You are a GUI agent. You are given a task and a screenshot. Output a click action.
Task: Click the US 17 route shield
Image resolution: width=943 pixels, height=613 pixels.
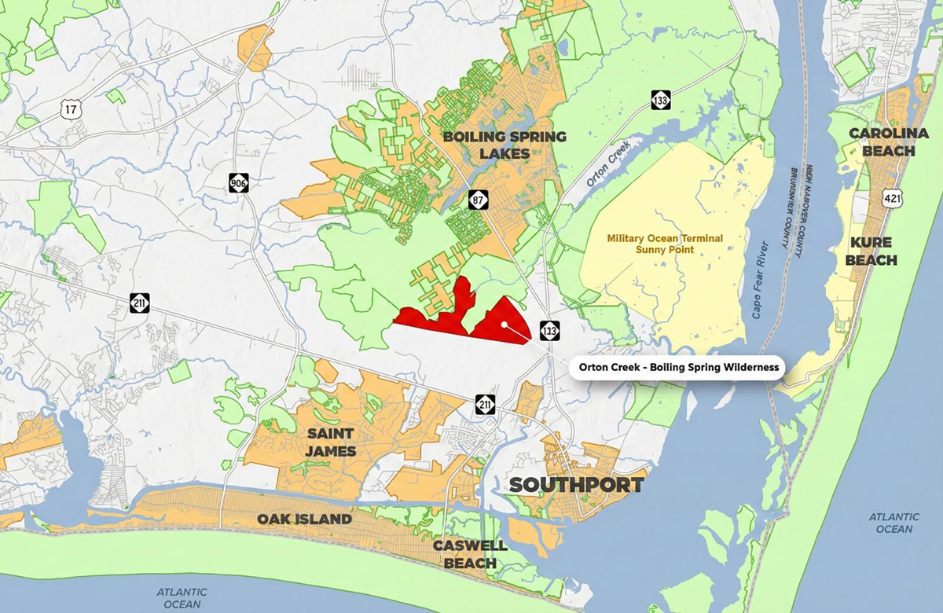tap(72, 108)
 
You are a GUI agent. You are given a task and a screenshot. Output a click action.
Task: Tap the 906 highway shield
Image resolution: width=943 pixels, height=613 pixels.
tap(239, 183)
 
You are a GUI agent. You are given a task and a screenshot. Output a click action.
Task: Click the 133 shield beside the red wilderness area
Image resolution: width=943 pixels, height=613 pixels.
tap(549, 331)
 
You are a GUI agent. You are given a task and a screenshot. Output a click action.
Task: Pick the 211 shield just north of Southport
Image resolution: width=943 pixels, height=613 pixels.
tap(485, 405)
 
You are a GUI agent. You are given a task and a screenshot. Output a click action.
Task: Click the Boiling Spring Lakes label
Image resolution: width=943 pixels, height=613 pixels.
tap(504, 145)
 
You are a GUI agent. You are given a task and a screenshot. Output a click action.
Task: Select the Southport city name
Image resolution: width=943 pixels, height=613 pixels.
tap(577, 484)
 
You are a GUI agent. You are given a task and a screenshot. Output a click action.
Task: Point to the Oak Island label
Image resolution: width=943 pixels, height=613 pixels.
tap(304, 520)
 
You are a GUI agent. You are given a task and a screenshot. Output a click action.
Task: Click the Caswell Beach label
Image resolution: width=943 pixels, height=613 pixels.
tap(470, 555)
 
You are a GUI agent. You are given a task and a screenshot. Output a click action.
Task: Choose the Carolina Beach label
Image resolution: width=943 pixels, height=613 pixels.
tap(882, 142)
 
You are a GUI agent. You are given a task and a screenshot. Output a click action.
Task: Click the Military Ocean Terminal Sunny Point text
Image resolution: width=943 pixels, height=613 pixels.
tap(665, 244)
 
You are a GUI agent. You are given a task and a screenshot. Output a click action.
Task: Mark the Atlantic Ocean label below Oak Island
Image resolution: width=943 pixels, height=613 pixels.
tap(182, 598)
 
